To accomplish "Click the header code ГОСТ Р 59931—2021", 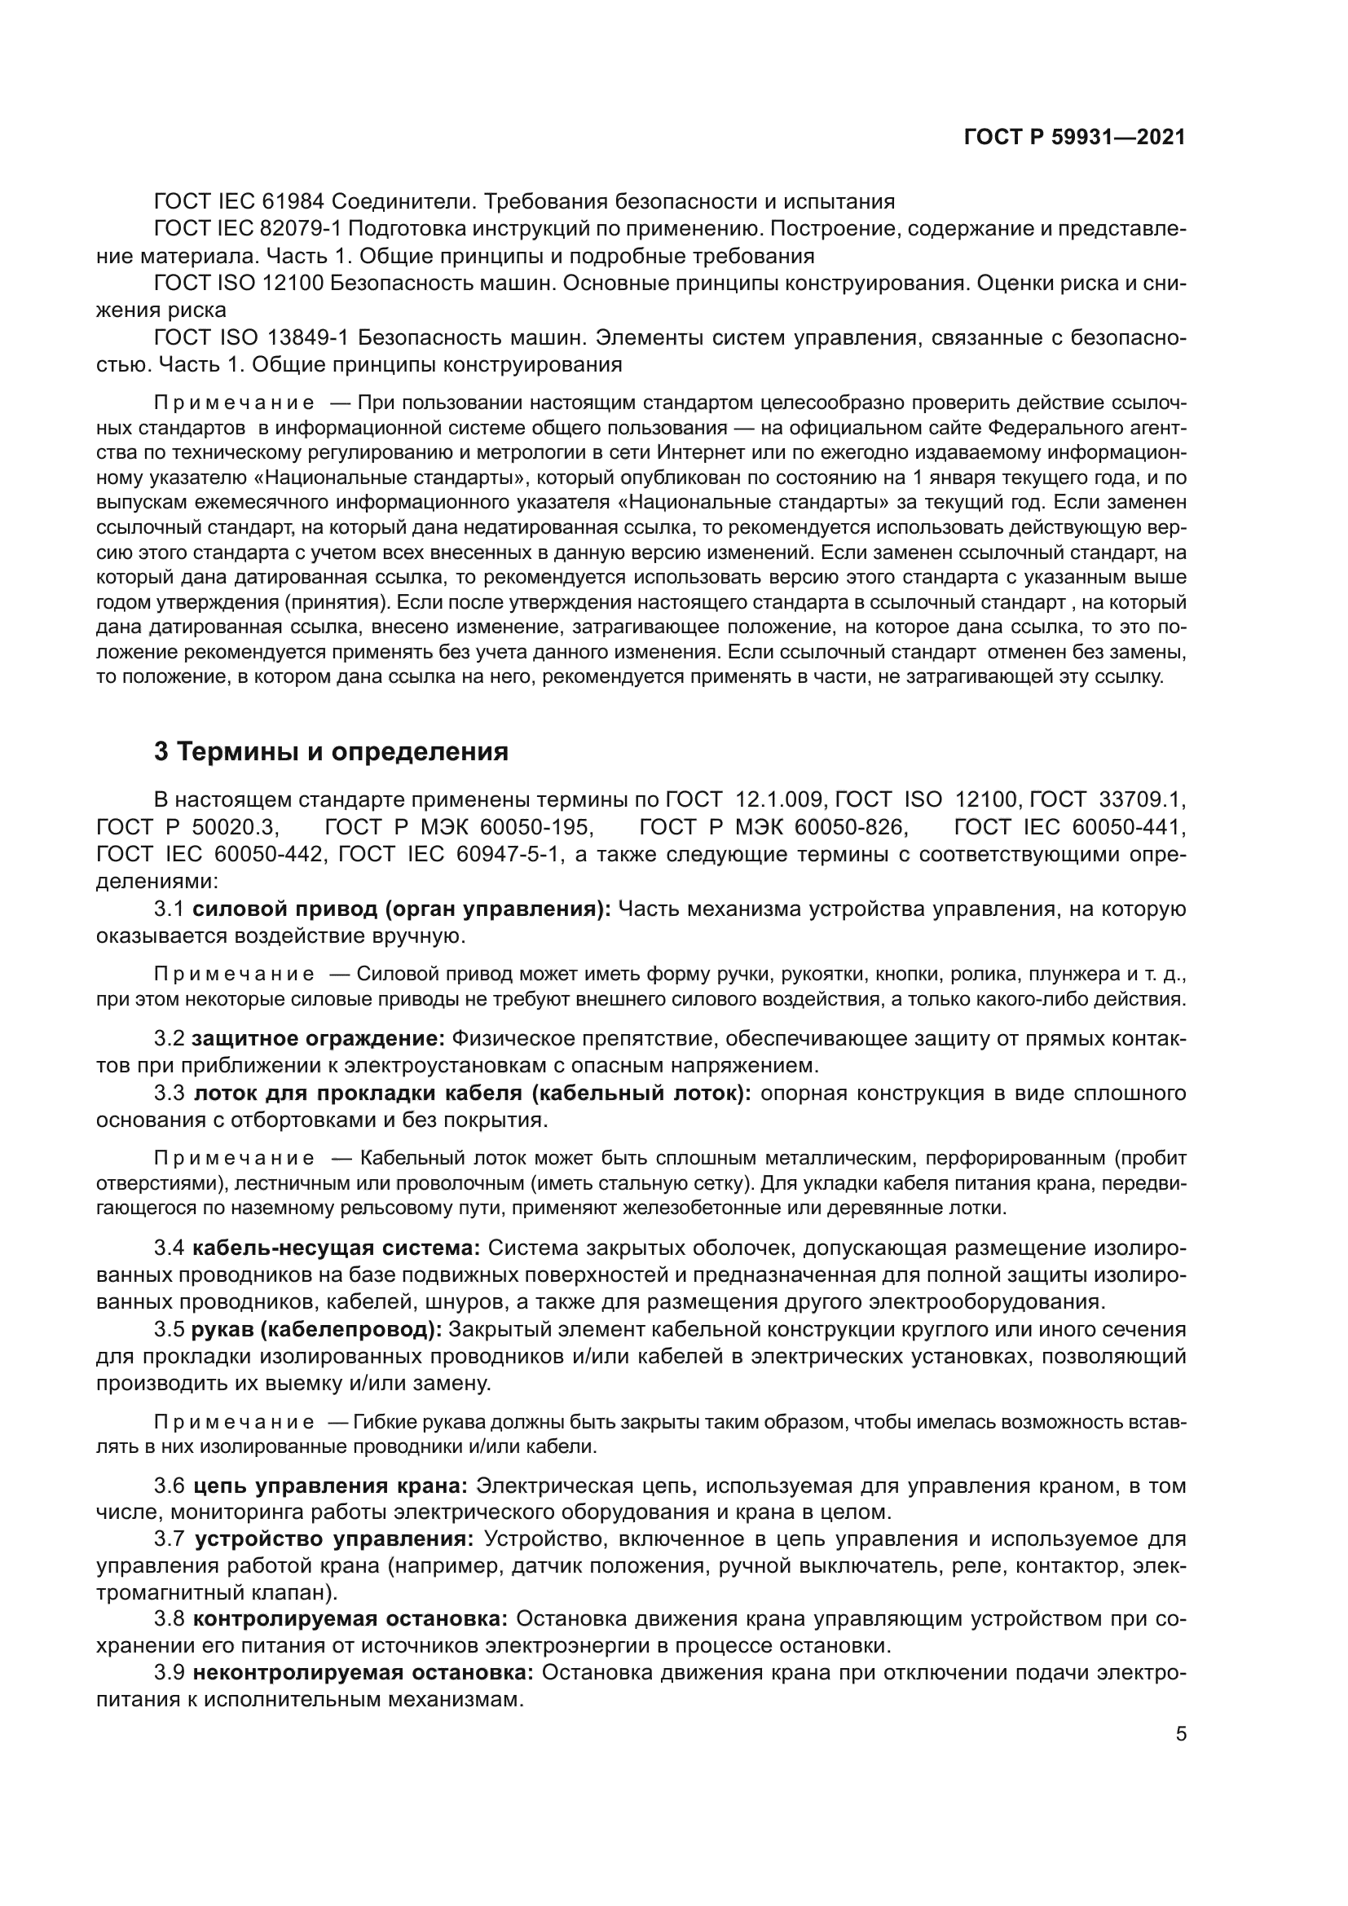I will tap(1074, 138).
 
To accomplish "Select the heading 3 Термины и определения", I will tap(331, 752).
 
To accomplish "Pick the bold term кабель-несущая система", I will tap(336, 1248).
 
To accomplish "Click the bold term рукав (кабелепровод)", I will tap(316, 1329).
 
